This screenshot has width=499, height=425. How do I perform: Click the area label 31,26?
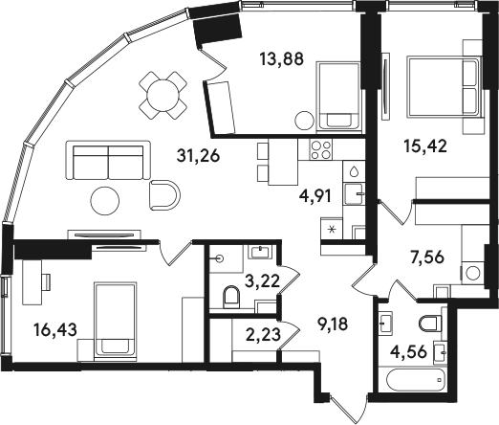(198, 156)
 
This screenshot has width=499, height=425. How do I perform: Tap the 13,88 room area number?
(281, 58)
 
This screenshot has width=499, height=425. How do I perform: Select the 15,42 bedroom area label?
(425, 145)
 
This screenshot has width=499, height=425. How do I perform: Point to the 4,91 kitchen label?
(315, 196)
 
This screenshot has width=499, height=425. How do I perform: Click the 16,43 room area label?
(55, 329)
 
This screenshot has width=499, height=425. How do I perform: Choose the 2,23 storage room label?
(264, 335)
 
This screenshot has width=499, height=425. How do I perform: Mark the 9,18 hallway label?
(333, 324)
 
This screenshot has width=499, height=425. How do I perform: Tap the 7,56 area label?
(427, 257)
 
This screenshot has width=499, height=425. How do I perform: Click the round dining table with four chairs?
(163, 96)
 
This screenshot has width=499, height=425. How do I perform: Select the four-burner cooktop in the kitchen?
(321, 149)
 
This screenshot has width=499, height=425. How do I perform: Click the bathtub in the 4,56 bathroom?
(415, 380)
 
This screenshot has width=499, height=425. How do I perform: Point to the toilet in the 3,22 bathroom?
(231, 298)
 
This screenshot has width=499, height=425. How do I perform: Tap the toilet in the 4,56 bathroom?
(430, 324)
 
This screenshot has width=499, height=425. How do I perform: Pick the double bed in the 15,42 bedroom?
(443, 86)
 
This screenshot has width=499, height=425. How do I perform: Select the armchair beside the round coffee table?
(164, 195)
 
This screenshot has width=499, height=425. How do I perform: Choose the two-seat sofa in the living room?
(108, 161)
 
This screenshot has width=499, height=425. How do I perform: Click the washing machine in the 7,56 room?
(472, 273)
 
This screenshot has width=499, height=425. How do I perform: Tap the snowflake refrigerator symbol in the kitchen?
(332, 229)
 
